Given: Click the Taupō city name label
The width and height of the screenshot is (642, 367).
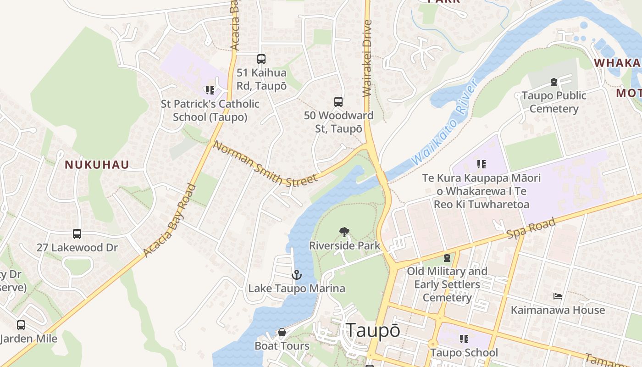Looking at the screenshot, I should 373,330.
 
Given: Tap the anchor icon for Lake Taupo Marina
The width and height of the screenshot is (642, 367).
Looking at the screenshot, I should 297,275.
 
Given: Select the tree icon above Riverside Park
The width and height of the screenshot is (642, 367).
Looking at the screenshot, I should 344,232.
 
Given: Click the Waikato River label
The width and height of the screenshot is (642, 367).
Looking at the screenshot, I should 445,123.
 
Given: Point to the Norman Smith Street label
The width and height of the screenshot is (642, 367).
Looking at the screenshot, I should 265,164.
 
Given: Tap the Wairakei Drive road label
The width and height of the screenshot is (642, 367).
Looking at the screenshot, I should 367,58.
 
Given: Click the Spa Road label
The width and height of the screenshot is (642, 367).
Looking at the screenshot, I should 531,228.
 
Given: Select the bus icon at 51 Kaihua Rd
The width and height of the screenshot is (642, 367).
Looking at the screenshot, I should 261,59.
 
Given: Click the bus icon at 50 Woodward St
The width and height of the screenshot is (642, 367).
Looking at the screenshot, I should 338,102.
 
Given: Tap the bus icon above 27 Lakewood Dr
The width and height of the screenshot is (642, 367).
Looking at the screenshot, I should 77,234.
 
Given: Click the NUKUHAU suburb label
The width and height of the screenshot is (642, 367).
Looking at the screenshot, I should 97,165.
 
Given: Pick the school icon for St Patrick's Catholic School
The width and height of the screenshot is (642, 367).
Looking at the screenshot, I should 210,90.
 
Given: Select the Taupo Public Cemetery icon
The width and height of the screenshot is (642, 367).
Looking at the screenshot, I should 554,82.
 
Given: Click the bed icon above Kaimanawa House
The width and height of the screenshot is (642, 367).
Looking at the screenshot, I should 558,296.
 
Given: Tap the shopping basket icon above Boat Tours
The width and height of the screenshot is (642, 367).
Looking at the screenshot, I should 282,332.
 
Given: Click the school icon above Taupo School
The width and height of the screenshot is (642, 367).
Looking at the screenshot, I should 464,339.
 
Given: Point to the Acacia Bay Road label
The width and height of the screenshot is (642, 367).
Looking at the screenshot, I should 170,220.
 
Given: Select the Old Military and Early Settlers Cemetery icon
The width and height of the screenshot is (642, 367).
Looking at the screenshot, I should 447,258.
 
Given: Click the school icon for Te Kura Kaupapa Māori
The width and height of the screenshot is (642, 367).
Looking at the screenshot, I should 481,164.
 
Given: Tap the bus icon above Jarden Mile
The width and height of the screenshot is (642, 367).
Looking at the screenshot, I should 21,325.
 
